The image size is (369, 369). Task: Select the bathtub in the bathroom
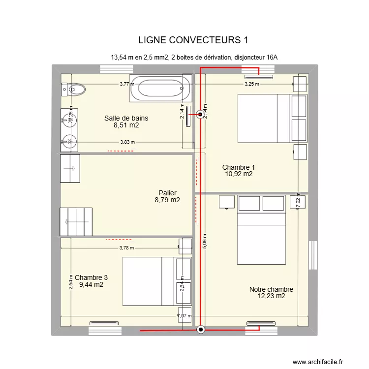(x=161, y=89)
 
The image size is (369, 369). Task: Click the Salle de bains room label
(x=126, y=122)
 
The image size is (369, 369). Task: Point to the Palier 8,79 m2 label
(x=167, y=196)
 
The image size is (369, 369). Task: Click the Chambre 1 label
(x=238, y=170)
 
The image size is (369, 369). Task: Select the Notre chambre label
(x=271, y=293)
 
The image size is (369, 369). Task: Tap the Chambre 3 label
(x=91, y=281)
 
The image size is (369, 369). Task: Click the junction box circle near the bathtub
(x=200, y=115)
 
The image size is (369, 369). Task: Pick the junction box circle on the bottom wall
(x=200, y=330)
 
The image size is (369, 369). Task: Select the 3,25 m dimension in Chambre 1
(x=252, y=84)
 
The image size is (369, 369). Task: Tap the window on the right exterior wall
(x=312, y=255)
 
